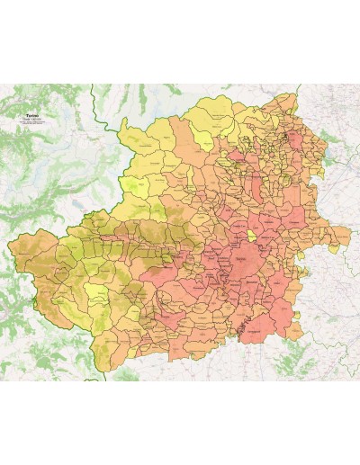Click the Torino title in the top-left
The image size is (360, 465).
click(x=33, y=117)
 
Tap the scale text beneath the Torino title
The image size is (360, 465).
click(x=33, y=122)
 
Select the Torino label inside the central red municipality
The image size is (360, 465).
click(x=244, y=261)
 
